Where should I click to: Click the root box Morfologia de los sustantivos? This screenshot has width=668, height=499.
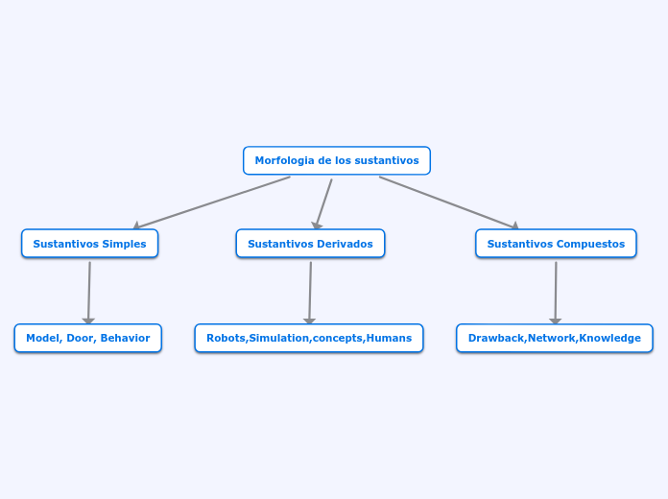click(x=336, y=160)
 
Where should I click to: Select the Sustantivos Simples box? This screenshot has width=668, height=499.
click(x=89, y=244)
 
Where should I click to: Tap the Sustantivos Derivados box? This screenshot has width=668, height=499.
click(x=310, y=244)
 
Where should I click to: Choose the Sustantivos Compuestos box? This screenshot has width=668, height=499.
click(x=556, y=244)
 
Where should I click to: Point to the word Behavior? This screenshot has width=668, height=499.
click(x=125, y=338)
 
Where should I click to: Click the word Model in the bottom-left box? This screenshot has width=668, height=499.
click(x=43, y=338)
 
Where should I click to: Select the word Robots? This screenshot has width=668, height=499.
click(x=226, y=338)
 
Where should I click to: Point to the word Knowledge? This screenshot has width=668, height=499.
click(x=611, y=338)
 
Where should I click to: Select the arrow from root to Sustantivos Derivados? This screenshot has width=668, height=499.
click(x=323, y=203)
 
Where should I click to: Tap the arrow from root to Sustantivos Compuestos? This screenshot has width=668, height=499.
click(x=449, y=202)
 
